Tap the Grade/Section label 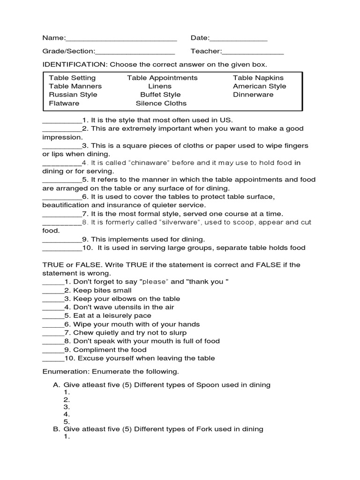point(68,52)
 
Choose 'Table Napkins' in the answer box point(258,78)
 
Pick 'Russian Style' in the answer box point(73,95)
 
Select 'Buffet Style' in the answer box point(160,95)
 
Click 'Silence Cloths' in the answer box point(161,103)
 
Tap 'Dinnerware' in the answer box point(253,95)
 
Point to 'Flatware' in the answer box point(64,103)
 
